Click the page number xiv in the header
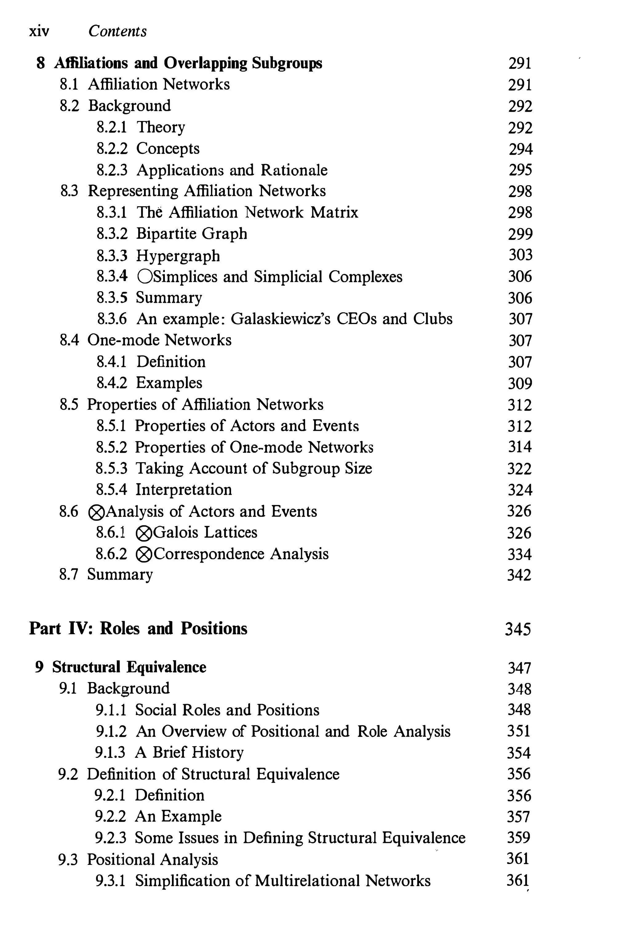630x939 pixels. (x=39, y=31)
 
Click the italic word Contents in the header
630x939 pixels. (x=117, y=31)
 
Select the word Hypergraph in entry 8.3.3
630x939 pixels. (x=178, y=256)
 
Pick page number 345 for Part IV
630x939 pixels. (x=518, y=629)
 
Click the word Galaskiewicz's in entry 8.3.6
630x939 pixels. (x=281, y=319)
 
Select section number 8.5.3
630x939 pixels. (x=111, y=468)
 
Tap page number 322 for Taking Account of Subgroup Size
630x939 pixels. (x=519, y=469)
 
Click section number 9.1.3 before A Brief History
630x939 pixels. (x=110, y=752)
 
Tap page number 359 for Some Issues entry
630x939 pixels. (x=519, y=837)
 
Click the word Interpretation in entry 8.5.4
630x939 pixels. (x=184, y=490)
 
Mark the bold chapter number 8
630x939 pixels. (x=40, y=63)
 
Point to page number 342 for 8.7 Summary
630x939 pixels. (x=519, y=575)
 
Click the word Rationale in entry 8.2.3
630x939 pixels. (x=294, y=170)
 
